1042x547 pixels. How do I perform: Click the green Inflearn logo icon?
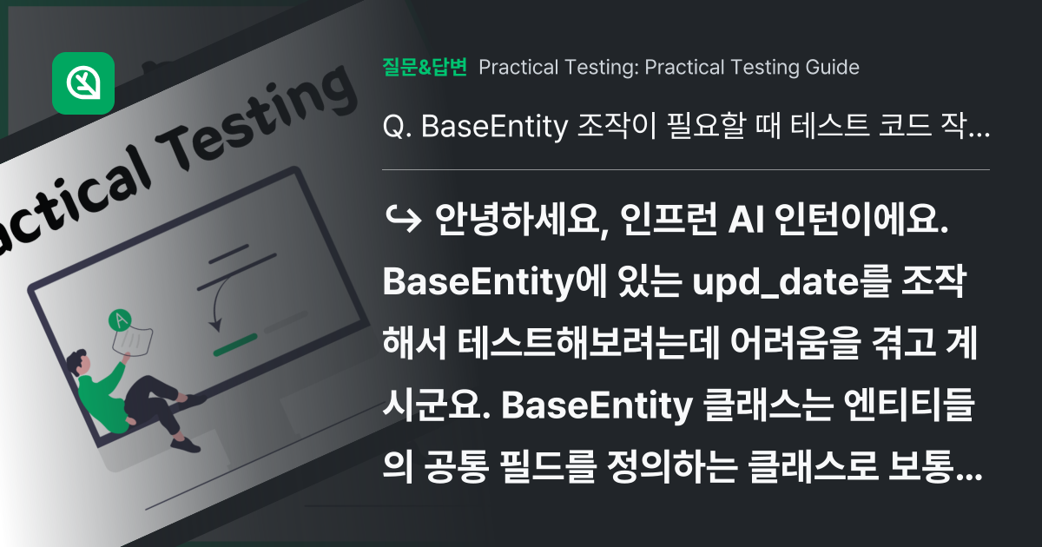tap(83, 83)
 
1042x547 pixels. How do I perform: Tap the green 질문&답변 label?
tap(425, 67)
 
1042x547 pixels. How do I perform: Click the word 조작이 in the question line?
tap(607, 129)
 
